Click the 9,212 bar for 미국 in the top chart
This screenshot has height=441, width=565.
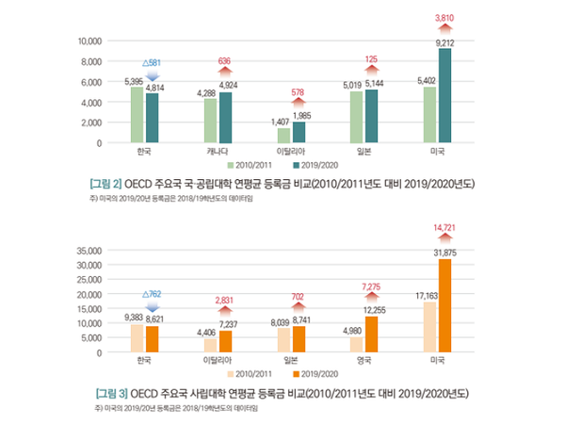pyautogui.click(x=445, y=95)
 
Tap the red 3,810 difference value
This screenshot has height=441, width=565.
pyautogui.click(x=444, y=18)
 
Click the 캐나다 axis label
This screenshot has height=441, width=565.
pyautogui.click(x=218, y=151)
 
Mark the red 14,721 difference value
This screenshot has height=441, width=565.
pyautogui.click(x=444, y=227)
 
